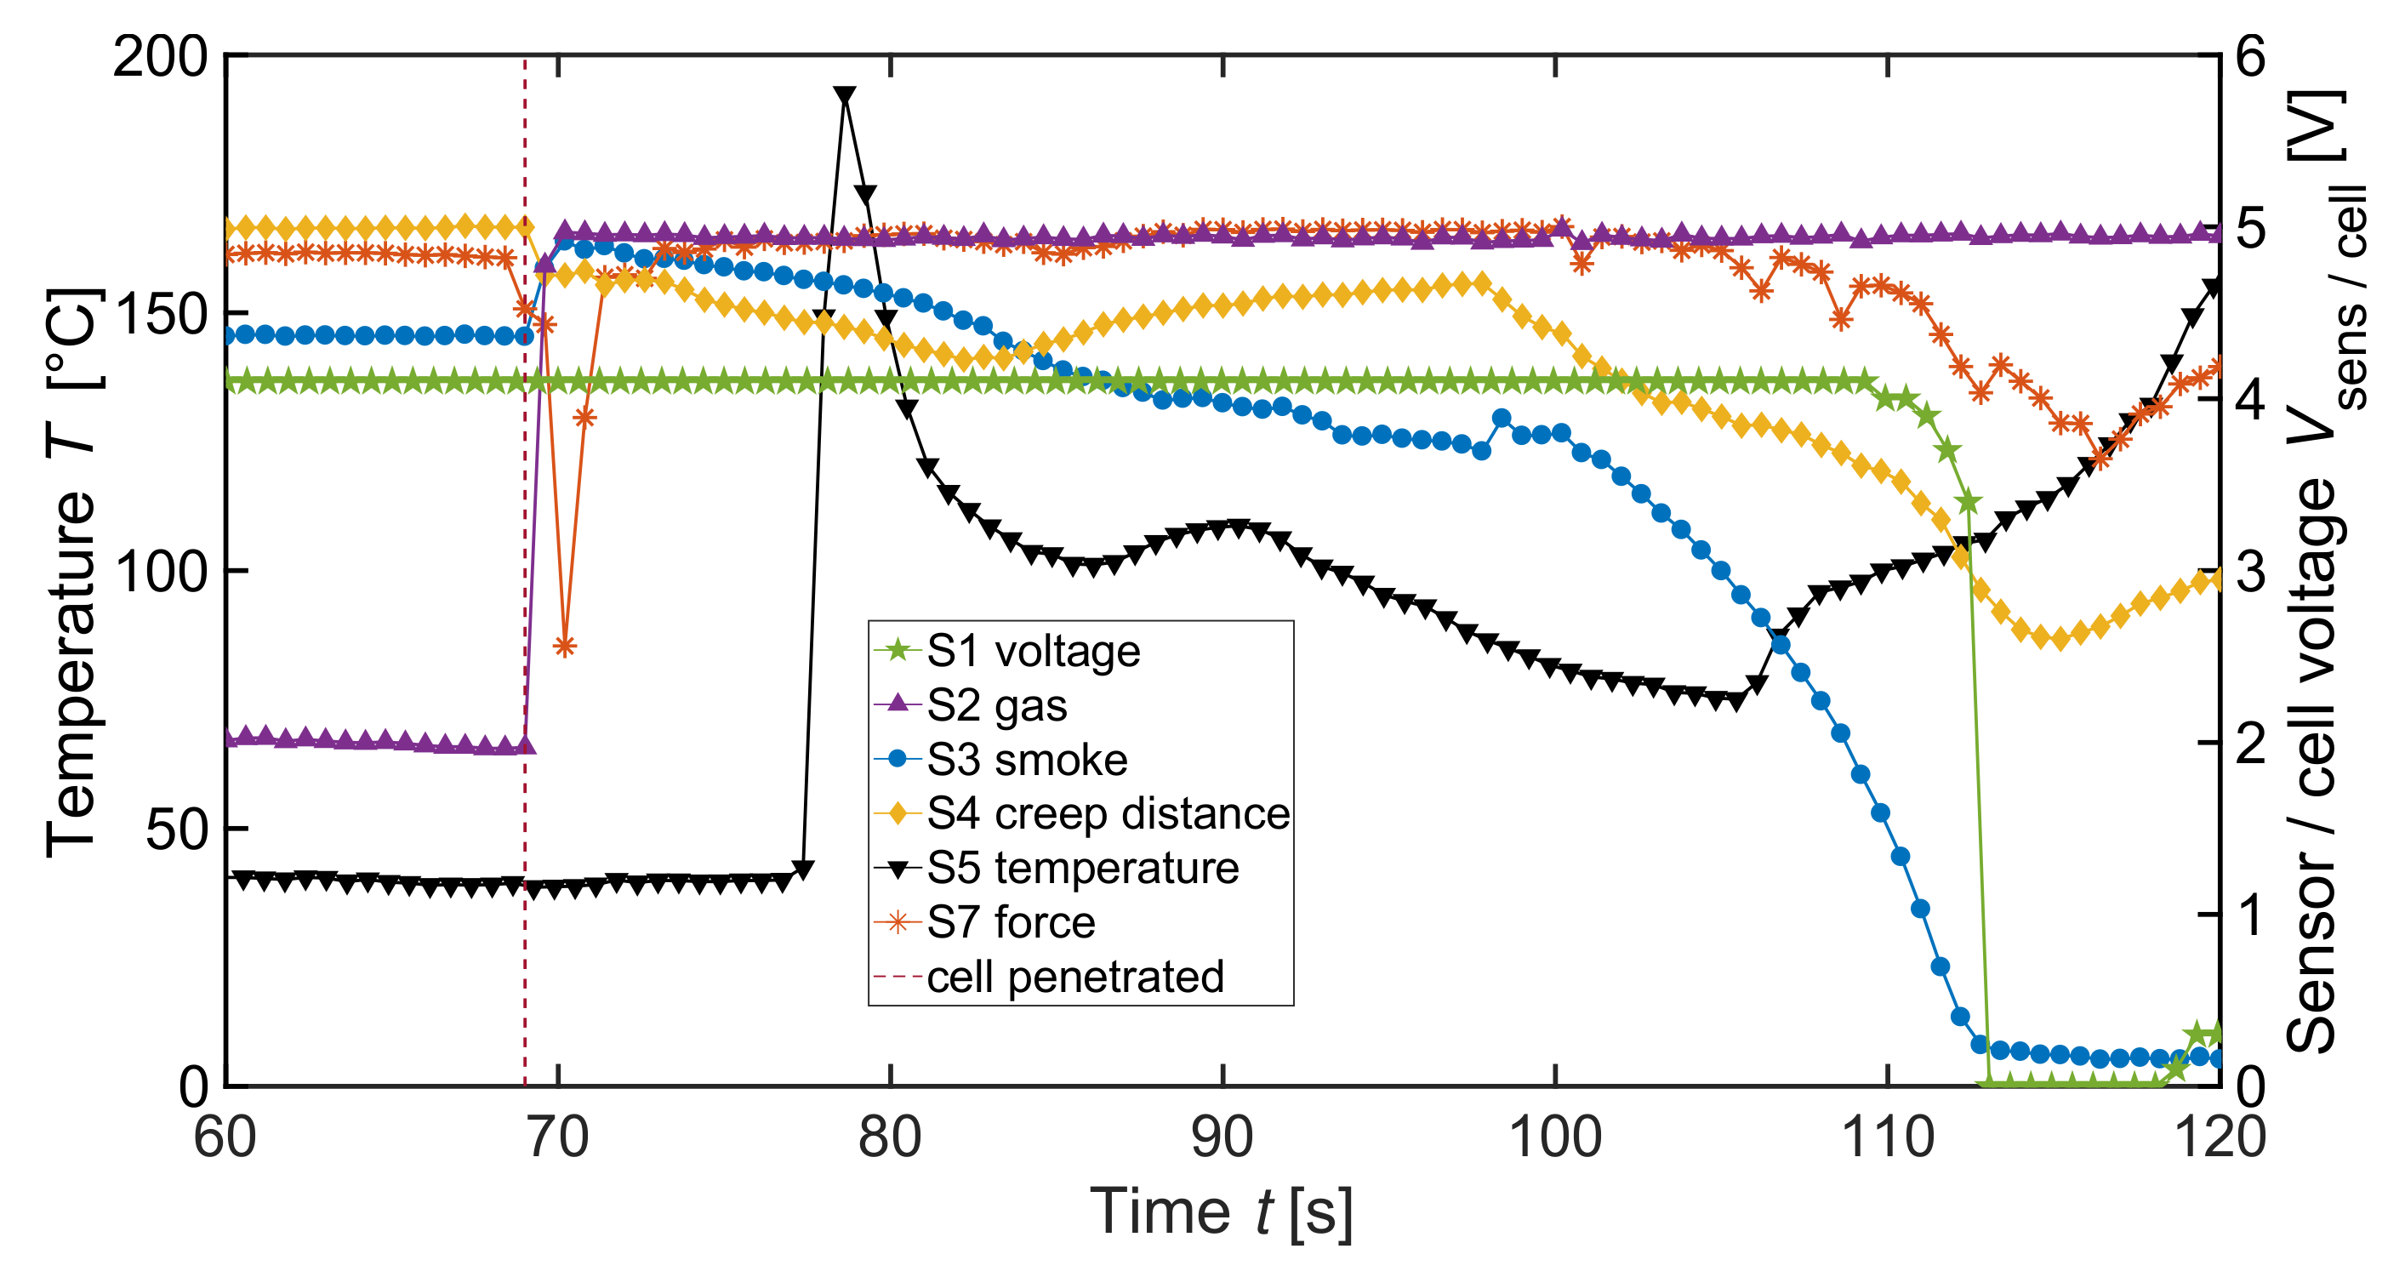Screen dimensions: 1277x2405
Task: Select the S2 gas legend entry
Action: click(996, 706)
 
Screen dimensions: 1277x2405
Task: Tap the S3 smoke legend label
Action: click(1027, 760)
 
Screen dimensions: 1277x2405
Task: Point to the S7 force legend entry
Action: click(1010, 922)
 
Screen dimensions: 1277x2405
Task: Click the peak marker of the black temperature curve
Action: click(844, 96)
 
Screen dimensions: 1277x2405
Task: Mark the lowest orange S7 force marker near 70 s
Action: click(564, 646)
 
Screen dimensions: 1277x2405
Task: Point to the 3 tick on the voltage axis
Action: click(2251, 572)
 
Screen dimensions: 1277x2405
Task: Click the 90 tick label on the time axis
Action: click(1222, 1139)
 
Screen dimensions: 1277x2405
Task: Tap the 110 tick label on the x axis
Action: click(1888, 1139)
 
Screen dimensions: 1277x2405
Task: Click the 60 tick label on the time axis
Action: click(225, 1139)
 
